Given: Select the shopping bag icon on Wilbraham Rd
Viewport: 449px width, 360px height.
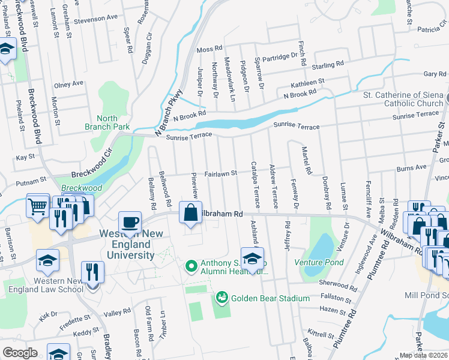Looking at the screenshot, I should click(x=190, y=213).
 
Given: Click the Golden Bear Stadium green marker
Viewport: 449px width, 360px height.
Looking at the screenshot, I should click(x=221, y=298).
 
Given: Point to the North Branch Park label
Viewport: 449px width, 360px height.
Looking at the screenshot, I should click(x=107, y=123).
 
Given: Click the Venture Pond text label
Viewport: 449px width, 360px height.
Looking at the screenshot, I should click(x=319, y=263).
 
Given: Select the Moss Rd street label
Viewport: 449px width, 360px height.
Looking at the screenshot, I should click(x=209, y=48).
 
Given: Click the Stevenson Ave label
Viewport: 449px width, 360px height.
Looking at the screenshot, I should click(x=96, y=19).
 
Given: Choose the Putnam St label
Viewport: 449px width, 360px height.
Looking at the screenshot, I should click(x=31, y=180).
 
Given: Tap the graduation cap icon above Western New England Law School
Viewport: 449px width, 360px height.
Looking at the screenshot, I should click(x=47, y=261).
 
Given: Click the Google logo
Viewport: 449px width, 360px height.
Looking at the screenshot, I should click(x=20, y=352).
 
